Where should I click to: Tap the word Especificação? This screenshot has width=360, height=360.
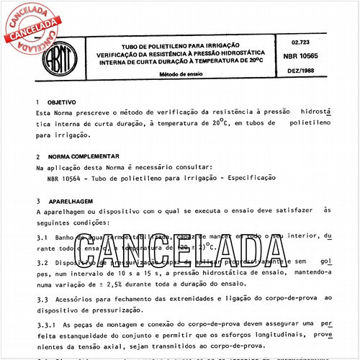click(248, 176)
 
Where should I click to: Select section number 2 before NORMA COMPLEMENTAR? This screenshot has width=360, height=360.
click(37, 156)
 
